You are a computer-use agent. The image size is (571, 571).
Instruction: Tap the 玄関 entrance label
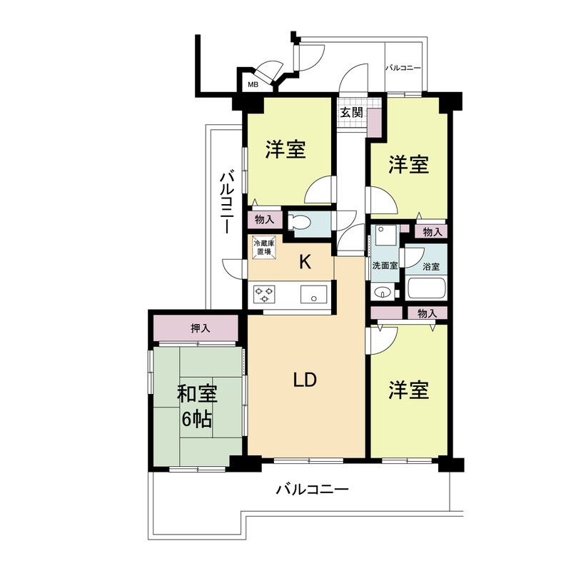(x=351, y=112)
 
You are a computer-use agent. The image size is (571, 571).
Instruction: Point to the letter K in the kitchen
(x=305, y=263)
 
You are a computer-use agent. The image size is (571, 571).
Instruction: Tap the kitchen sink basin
(x=313, y=293)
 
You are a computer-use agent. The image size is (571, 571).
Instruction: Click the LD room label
(x=305, y=380)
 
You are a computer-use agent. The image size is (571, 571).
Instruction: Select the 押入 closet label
(x=201, y=328)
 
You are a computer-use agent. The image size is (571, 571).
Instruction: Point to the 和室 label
(x=197, y=393)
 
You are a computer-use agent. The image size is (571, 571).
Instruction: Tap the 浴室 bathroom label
(x=431, y=267)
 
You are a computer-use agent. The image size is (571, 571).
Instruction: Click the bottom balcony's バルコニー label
(x=311, y=490)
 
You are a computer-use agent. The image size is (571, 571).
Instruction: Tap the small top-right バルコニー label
(x=403, y=69)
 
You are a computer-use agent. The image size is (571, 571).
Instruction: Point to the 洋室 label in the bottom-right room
(x=409, y=390)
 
